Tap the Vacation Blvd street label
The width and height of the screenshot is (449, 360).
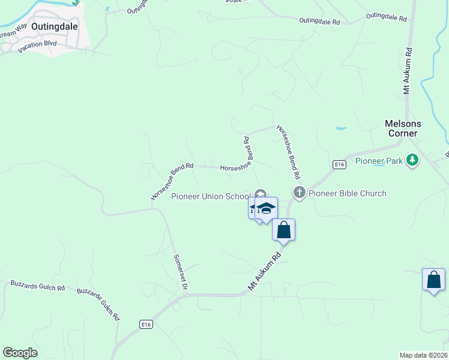[37, 47]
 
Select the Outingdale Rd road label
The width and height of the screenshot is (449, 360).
[319, 21]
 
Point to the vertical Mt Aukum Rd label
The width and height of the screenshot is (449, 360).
[408, 71]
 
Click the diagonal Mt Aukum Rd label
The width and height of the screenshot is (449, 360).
[265, 271]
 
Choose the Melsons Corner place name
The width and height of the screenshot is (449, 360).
[403, 128]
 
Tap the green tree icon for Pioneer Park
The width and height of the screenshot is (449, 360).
[412, 160]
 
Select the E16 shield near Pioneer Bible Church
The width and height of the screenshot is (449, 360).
[340, 164]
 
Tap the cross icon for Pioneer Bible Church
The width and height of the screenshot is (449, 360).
[300, 193]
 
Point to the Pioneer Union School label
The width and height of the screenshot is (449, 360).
[210, 196]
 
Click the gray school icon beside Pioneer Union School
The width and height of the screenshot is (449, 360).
[261, 194]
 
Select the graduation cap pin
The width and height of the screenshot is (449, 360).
[266, 208]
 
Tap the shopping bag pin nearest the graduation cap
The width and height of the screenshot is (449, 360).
[283, 229]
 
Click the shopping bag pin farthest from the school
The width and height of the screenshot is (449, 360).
[433, 280]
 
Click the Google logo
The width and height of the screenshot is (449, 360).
[20, 353]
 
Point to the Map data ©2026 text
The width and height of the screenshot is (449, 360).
[423, 355]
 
